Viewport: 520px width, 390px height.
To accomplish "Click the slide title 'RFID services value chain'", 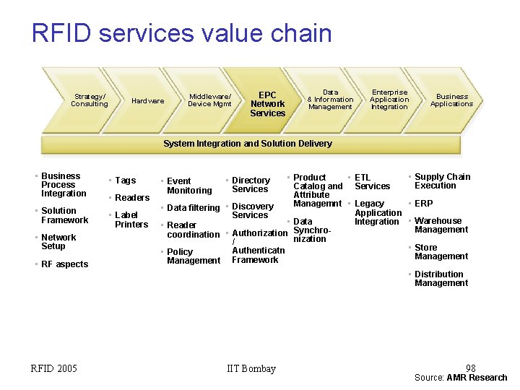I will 181,33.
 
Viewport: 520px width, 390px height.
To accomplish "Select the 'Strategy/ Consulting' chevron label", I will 89,100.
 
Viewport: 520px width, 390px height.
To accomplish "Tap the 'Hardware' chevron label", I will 147,101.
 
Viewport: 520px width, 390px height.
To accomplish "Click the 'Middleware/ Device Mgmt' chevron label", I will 209,100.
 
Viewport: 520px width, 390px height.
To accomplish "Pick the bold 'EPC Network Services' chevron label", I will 267,104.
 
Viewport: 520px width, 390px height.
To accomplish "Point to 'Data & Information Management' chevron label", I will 330,100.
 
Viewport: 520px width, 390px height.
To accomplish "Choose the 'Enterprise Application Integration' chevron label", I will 389,100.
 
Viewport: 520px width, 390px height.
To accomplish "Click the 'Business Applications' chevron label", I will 451,100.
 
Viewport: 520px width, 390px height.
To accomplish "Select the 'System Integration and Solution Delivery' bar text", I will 248,144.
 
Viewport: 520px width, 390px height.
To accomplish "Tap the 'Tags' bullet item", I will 125,181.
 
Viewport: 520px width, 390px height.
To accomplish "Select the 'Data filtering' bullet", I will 193,208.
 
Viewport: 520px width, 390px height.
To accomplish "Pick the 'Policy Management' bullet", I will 193,256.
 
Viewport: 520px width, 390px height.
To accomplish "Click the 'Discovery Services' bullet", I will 252,211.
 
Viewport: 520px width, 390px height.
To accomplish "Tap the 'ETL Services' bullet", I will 371,182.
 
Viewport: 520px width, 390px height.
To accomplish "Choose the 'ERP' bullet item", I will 423,204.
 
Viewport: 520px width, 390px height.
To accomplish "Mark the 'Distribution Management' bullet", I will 441,279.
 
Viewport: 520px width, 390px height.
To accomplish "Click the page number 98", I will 470,368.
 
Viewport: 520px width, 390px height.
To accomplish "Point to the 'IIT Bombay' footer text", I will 251,369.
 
